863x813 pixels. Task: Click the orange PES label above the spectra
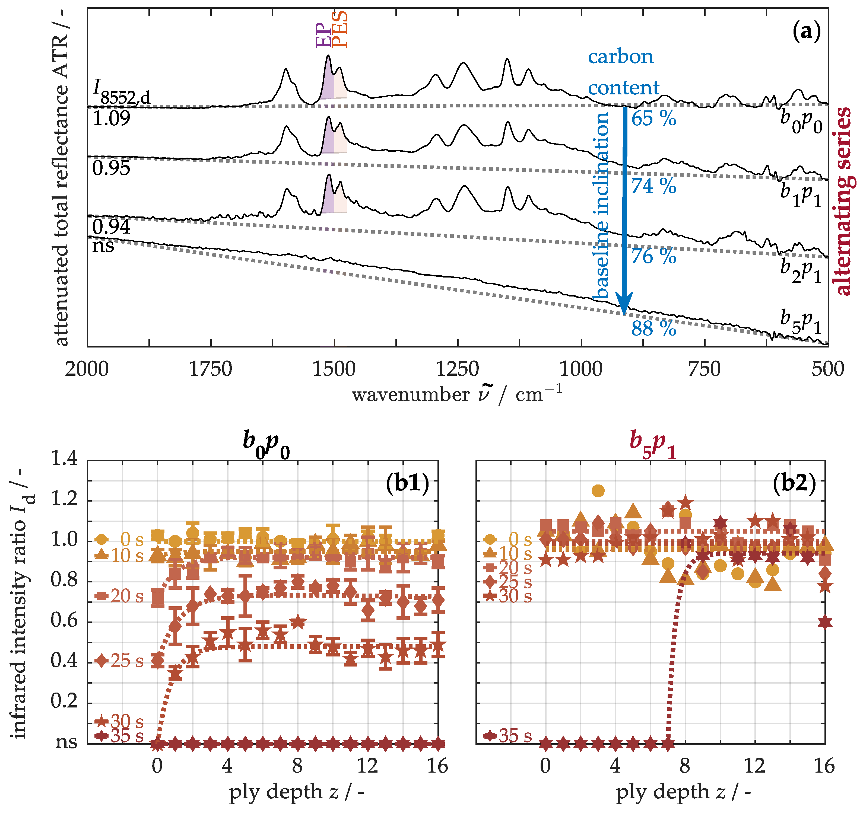tap(340, 30)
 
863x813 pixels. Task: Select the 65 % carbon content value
tap(653, 119)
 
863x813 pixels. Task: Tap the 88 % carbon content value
tap(653, 329)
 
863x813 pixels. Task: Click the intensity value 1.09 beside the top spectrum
tap(111, 119)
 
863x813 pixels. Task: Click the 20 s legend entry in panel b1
tap(119, 596)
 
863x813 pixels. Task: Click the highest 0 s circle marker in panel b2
tap(598, 491)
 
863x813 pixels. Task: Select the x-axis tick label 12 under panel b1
tap(367, 766)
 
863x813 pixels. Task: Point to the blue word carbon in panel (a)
tap(620, 57)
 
